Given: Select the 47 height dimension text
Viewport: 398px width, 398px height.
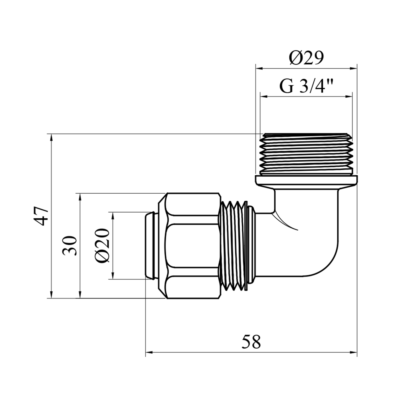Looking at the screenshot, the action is pyautogui.click(x=42, y=216).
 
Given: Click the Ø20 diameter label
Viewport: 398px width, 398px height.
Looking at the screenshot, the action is pyautogui.click(x=102, y=245).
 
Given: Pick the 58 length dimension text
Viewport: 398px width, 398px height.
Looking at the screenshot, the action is pyautogui.click(x=251, y=342).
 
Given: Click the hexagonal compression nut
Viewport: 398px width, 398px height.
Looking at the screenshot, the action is pyautogui.click(x=190, y=246).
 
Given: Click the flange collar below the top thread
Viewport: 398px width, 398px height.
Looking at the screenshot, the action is pyautogui.click(x=306, y=182).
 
